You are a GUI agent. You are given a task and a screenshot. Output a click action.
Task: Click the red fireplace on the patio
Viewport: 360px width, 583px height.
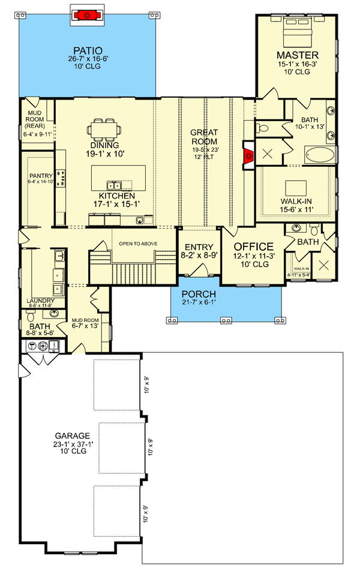pos(88,15)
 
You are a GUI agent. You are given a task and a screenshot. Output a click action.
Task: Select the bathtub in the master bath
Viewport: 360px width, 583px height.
pos(319,155)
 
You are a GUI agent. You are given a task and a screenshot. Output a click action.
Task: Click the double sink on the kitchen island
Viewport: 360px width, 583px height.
pos(114,185)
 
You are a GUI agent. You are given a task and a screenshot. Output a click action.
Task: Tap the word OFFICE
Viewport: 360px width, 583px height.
pos(254,247)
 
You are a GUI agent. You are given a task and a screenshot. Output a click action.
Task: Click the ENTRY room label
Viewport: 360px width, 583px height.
pos(199,247)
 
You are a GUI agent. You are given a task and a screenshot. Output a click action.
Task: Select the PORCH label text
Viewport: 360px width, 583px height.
pos(199,294)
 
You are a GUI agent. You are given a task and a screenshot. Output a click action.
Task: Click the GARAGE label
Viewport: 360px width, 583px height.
pos(73,435)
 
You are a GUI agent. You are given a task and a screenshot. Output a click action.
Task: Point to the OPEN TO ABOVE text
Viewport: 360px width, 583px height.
pos(138,244)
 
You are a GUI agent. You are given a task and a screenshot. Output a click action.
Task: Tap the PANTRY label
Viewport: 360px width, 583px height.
pos(41,176)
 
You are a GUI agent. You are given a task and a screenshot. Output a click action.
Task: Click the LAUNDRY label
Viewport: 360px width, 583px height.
pos(41,300)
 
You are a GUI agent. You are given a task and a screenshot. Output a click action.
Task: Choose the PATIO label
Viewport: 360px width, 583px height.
pos(88,50)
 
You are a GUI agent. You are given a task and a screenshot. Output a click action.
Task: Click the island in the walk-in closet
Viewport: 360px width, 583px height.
pos(296,188)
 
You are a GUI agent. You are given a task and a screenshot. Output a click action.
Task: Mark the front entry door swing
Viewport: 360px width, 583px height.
pos(199,271)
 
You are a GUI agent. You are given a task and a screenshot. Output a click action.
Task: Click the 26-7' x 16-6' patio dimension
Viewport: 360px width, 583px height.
pos(88,59)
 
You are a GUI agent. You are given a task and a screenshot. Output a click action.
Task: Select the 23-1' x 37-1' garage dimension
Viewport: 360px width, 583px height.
pos(73,444)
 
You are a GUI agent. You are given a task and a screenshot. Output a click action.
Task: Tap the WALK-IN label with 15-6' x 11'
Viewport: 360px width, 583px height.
pos(296,202)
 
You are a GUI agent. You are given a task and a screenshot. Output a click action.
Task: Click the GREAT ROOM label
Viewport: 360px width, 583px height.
pos(204,137)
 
